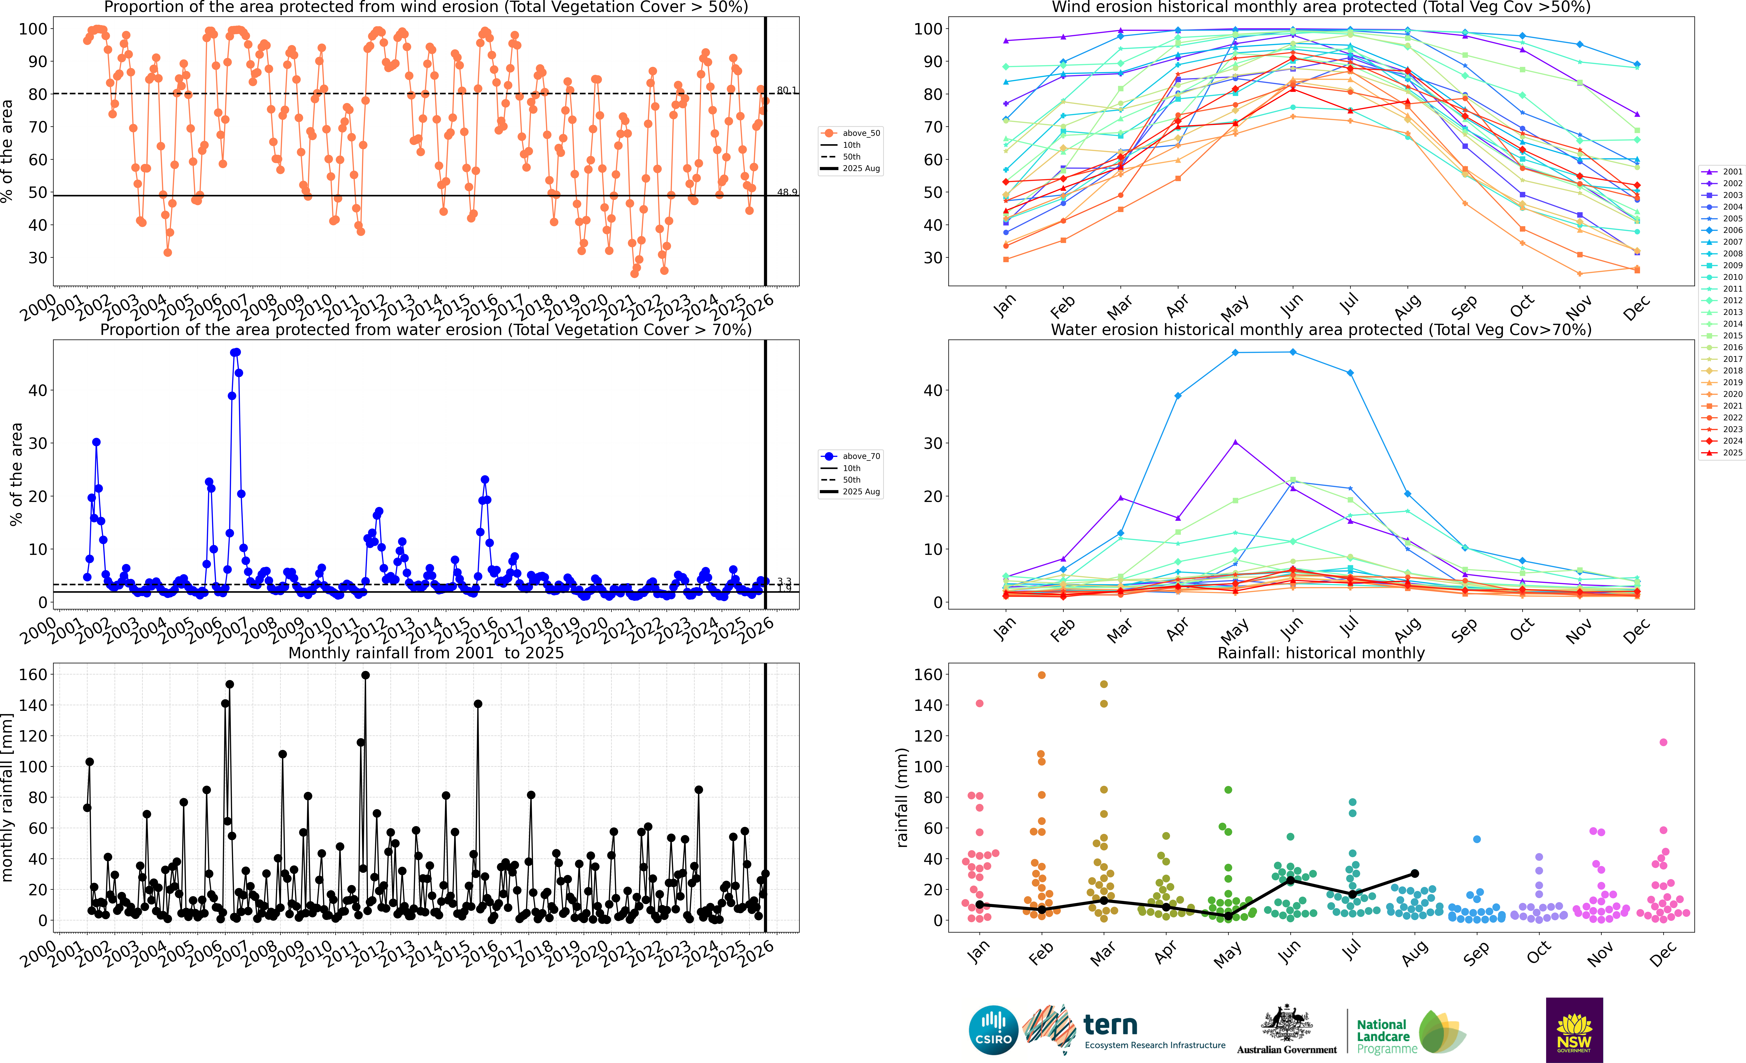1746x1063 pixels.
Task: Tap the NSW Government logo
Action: tap(1574, 1030)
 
